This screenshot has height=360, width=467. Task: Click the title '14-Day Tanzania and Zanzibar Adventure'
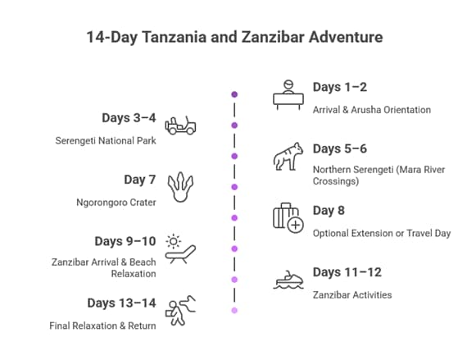pos(233,37)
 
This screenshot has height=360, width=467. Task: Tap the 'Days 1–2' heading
pos(340,87)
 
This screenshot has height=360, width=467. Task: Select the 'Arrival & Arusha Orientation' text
pos(371,109)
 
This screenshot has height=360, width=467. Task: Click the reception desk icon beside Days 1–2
pos(288,94)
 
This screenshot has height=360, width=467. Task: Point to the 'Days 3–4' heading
pos(129,118)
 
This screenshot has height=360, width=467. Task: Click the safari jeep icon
pos(179,125)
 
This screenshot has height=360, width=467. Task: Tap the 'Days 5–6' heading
pos(340,148)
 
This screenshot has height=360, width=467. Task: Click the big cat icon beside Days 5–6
pos(288,157)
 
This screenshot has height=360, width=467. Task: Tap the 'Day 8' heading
pos(329,211)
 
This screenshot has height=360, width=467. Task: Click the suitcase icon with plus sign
pos(288,218)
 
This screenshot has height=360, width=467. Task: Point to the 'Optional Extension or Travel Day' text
pos(382,233)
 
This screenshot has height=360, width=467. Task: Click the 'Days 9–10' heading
pos(125,241)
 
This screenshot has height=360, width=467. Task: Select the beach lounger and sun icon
pos(179,248)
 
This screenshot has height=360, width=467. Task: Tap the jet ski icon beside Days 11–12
pos(288,280)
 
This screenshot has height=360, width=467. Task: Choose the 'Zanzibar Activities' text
pos(353,294)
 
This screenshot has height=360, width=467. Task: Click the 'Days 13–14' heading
pos(121,303)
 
